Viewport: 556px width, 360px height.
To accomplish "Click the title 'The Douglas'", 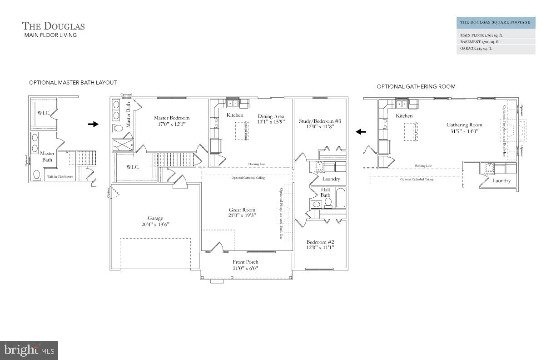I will point(54,26).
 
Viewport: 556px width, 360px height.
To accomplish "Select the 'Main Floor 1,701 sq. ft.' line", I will point(481,35).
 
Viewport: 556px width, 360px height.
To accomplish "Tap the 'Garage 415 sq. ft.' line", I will point(476,48).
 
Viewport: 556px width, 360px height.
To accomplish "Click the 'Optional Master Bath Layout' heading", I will point(73,83).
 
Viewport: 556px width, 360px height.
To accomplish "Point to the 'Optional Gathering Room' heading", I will point(416,86).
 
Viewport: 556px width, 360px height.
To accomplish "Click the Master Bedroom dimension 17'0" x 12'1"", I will point(171,124).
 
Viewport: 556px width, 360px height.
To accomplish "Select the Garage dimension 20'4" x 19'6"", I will point(155,224).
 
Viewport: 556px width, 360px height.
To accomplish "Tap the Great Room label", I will point(242,210).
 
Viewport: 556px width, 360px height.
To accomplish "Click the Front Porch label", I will point(245,262).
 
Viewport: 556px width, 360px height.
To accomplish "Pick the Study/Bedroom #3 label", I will point(320,121).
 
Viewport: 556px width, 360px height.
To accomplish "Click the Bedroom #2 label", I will point(320,242).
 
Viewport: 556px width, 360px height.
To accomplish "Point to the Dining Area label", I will point(271,116).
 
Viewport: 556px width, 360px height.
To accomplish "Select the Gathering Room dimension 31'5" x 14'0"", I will point(464,131).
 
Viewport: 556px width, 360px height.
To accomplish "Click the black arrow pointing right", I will point(93,124).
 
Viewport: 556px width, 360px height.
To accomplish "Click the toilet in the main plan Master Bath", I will point(118,129).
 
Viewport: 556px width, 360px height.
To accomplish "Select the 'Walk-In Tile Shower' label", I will point(60,176).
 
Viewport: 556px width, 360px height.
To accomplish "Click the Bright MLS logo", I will point(29,350).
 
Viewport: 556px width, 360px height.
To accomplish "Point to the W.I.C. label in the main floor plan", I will point(132,167).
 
